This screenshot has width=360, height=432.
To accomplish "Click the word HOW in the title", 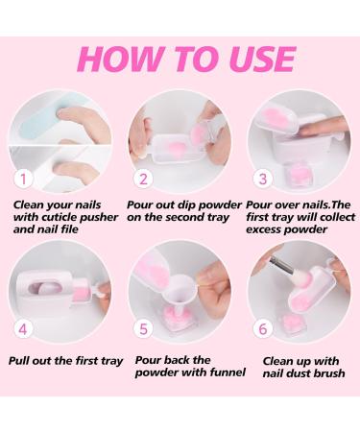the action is click(121, 60).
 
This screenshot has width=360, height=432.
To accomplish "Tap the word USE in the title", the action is click(262, 60).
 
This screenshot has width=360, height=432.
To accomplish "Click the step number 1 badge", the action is click(23, 179).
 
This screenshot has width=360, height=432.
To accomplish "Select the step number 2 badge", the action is click(143, 179).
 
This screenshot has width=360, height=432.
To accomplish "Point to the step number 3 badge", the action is click(262, 179).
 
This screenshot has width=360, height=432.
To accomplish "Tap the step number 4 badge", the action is click(23, 328).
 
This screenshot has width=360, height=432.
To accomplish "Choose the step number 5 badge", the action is click(143, 328).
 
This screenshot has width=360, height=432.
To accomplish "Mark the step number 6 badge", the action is click(262, 328).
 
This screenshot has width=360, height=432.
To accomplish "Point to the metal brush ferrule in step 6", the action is click(281, 265).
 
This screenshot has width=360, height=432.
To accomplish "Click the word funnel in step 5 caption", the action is click(228, 372).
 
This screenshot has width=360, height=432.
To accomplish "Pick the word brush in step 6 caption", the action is click(328, 373).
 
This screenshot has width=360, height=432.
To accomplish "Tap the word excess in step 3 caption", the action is click(263, 229).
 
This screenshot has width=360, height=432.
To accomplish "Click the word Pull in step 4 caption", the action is click(19, 361).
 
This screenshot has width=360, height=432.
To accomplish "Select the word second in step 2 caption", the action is click(186, 217).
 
